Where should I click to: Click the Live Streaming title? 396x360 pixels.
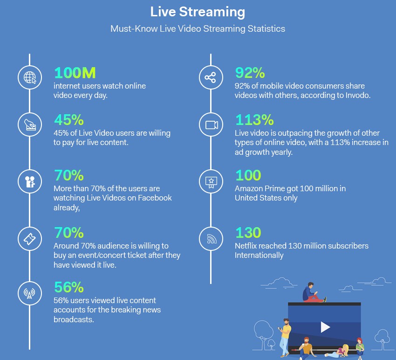[x=198, y=12]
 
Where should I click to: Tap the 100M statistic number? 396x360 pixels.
[x=75, y=73]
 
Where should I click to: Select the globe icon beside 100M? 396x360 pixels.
[x=30, y=77]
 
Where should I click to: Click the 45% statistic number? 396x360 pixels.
[x=69, y=120]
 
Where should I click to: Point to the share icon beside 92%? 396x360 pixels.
[x=211, y=77]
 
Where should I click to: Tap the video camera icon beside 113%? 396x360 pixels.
[x=212, y=125]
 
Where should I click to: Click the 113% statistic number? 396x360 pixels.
[x=254, y=120]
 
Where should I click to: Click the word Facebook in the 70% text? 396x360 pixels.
[x=155, y=198]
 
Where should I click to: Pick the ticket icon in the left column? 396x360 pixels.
[x=30, y=239]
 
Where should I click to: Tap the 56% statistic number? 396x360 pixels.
[x=69, y=287]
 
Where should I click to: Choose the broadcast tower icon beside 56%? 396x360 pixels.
[x=29, y=293]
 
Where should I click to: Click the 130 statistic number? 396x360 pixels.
[x=248, y=233]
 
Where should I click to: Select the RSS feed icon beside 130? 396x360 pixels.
[x=212, y=239]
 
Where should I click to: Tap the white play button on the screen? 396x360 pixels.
[x=325, y=327]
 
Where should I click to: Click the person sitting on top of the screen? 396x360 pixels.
[x=313, y=292]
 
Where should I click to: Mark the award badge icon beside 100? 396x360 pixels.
[x=211, y=182]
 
